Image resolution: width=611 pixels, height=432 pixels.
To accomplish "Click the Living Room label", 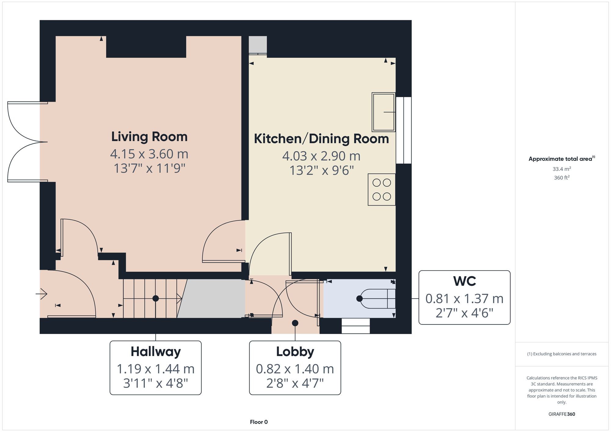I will (149, 137).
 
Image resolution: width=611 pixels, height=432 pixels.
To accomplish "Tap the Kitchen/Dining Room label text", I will (321, 139).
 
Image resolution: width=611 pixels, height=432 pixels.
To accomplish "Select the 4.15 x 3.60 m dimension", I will (149, 154).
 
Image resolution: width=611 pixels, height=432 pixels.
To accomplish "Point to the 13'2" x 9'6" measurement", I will (321, 170).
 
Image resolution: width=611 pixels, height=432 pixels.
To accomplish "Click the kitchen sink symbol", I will (383, 112).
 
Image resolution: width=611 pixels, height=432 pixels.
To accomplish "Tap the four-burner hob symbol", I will (382, 190).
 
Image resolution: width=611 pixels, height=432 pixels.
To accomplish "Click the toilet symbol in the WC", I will (377, 299).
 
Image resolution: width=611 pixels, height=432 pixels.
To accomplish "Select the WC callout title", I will (464, 281).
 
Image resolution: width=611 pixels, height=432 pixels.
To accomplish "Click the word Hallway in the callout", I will (155, 352).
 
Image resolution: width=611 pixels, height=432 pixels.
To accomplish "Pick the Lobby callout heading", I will (295, 352).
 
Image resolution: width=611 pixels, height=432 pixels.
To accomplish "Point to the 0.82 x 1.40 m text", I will (295, 369).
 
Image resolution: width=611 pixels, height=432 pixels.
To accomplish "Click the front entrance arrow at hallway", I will (42, 294).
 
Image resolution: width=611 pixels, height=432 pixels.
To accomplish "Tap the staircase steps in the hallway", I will (150, 299).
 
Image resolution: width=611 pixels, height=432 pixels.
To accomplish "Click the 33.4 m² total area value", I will (562, 169).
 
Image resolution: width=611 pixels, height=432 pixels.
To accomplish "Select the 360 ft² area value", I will (562, 177).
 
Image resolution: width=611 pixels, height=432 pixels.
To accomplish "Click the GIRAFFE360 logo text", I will (562, 414).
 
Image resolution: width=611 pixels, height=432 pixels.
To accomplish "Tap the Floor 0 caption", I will (258, 422).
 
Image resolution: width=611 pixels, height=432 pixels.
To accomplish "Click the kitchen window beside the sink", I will (404, 130).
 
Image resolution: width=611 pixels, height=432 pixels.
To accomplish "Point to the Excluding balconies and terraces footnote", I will (562, 354).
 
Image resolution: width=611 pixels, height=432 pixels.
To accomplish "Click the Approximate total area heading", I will (560, 159).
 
